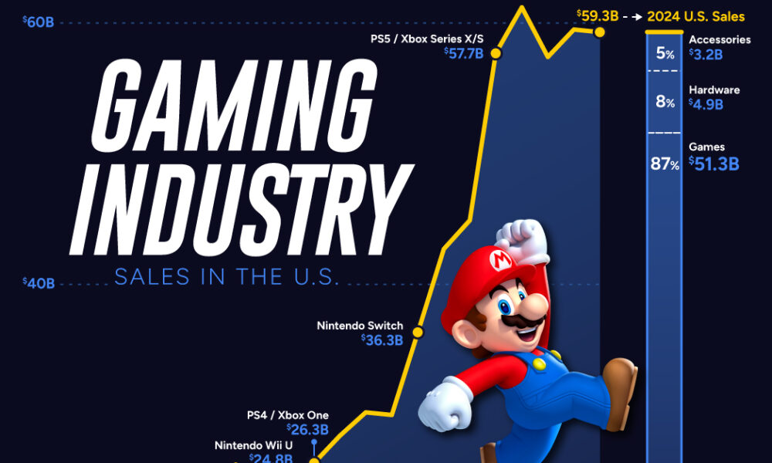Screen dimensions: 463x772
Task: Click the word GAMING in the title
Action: click(232, 107)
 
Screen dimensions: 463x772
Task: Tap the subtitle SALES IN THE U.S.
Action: click(227, 277)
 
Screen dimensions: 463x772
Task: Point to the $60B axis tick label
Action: click(39, 22)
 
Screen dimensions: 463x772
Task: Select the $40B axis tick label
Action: click(39, 283)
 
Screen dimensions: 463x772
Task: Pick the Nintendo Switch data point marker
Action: click(418, 333)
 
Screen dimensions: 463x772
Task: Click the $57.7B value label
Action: click(464, 53)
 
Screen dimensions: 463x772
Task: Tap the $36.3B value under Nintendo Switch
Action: click(382, 340)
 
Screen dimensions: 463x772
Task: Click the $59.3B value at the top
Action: click(596, 15)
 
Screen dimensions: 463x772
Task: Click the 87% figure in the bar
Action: click(664, 165)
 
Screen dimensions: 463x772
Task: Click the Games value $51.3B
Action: click(714, 164)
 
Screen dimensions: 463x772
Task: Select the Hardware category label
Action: click(714, 90)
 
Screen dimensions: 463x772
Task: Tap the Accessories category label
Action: click(719, 39)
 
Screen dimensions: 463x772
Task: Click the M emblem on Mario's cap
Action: click(500, 259)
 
